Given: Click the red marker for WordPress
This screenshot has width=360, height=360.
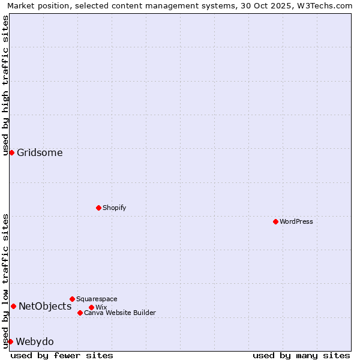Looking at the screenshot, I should pyautogui.click(x=275, y=221).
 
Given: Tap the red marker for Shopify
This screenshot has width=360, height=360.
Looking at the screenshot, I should pyautogui.click(x=98, y=208).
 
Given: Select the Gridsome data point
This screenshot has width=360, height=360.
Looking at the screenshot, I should pyautogui.click(x=11, y=152).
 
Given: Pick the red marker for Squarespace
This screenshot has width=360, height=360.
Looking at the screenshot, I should pyautogui.click(x=72, y=299).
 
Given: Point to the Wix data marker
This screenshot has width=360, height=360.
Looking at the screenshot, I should pyautogui.click(x=91, y=307).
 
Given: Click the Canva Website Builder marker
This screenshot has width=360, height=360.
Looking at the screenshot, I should pyautogui.click(x=80, y=313).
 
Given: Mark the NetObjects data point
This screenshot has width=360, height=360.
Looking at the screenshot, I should pyautogui.click(x=13, y=306).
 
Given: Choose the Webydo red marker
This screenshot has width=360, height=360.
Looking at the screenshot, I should pyautogui.click(x=10, y=341).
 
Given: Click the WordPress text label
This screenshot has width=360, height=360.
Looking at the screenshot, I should pyautogui.click(x=296, y=221).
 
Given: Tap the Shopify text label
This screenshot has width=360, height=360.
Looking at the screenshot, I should pyautogui.click(x=114, y=208).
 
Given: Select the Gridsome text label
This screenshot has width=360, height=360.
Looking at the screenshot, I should pyautogui.click(x=40, y=152).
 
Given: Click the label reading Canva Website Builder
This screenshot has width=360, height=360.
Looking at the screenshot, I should pyautogui.click(x=120, y=313).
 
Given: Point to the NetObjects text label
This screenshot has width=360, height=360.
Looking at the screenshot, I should pyautogui.click(x=45, y=306).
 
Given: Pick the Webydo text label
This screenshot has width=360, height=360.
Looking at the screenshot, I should pyautogui.click(x=35, y=341).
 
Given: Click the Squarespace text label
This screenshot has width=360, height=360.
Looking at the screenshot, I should pyautogui.click(x=97, y=299).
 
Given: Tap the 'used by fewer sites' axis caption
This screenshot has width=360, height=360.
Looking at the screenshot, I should pyautogui.click(x=62, y=355).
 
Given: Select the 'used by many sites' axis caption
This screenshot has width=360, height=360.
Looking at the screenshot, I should pyautogui.click(x=301, y=355).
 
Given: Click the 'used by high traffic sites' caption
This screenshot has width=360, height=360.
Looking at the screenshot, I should pyautogui.click(x=5, y=85).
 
